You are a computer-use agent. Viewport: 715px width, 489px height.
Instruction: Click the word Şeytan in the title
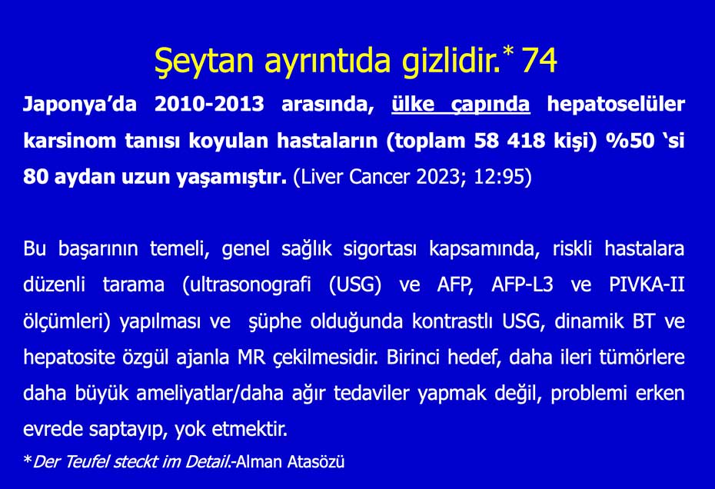tap(204, 62)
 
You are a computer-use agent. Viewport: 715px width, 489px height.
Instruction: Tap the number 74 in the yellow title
tap(540, 60)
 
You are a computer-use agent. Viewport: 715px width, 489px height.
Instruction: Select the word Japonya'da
tap(80, 105)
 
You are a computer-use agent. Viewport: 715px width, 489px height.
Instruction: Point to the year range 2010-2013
tap(209, 104)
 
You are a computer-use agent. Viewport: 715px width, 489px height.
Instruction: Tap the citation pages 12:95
tap(500, 177)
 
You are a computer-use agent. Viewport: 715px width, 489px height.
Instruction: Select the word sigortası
tap(380, 249)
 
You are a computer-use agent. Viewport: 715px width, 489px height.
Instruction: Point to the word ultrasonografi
tap(247, 285)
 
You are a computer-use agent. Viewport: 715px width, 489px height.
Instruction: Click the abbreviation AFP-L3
tap(522, 285)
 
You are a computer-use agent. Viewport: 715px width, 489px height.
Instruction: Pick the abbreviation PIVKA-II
tap(647, 285)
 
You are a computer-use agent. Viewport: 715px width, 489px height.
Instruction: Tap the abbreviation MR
tap(251, 358)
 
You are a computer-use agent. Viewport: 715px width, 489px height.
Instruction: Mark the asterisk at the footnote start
tap(28, 459)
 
